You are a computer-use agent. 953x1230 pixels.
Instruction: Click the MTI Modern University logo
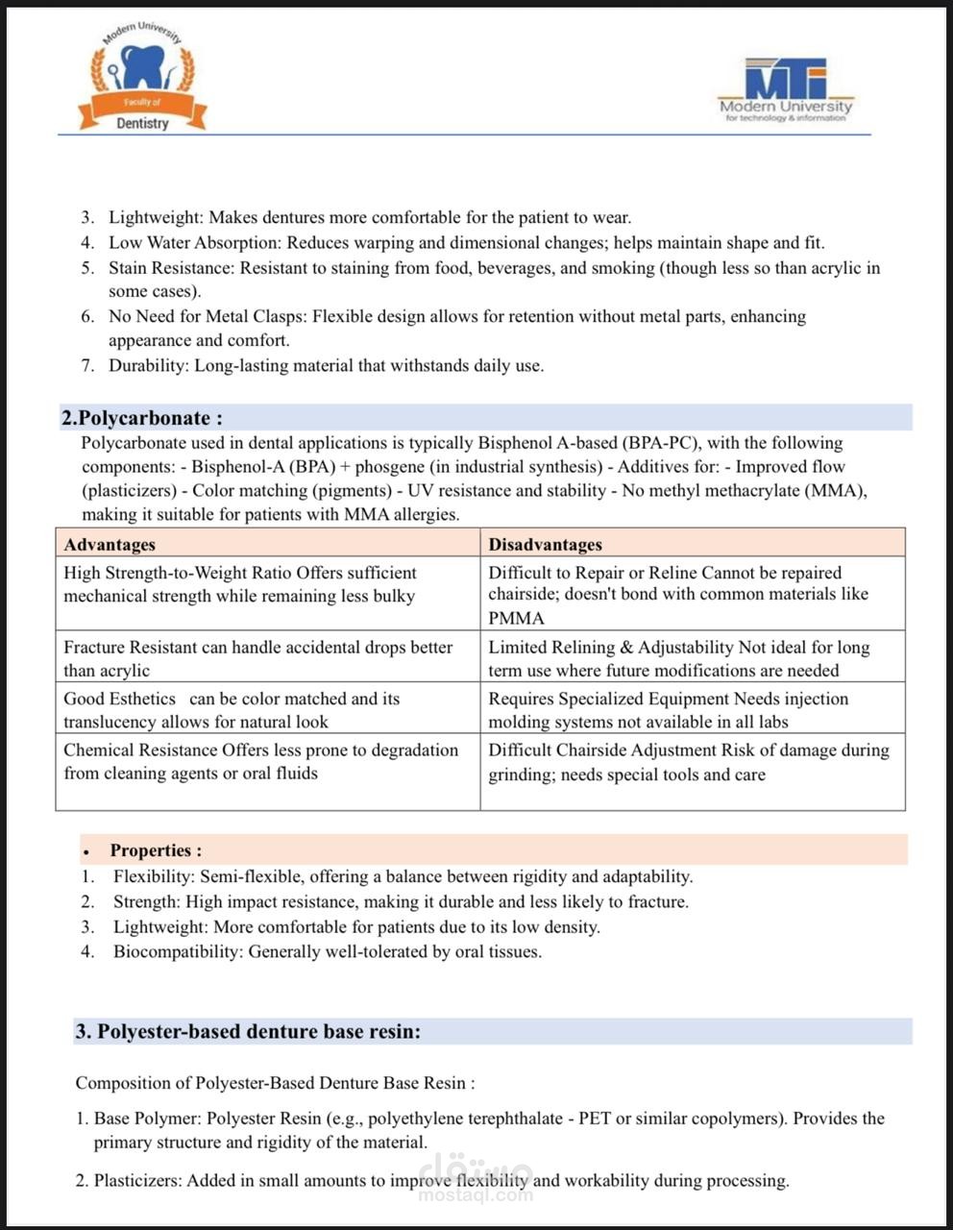785,89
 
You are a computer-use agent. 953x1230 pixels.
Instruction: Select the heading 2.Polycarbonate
142,418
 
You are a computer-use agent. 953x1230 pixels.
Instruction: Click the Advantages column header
110,544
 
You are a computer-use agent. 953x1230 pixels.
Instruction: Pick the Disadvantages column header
545,544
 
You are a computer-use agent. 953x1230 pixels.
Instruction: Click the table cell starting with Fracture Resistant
257,658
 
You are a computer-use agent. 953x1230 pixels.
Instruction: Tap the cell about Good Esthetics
232,710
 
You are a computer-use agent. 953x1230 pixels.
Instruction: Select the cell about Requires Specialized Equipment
668,710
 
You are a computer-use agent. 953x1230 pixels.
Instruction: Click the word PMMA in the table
516,618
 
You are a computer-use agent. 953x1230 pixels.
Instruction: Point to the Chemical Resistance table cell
260,761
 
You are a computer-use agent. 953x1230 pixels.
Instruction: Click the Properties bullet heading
156,850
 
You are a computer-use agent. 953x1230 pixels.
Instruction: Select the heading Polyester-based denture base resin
248,1031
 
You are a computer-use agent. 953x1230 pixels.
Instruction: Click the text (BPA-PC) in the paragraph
660,443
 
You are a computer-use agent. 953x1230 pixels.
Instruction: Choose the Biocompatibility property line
327,951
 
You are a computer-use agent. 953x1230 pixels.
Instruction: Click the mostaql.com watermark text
476,1195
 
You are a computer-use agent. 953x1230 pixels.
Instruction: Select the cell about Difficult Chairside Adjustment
688,761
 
